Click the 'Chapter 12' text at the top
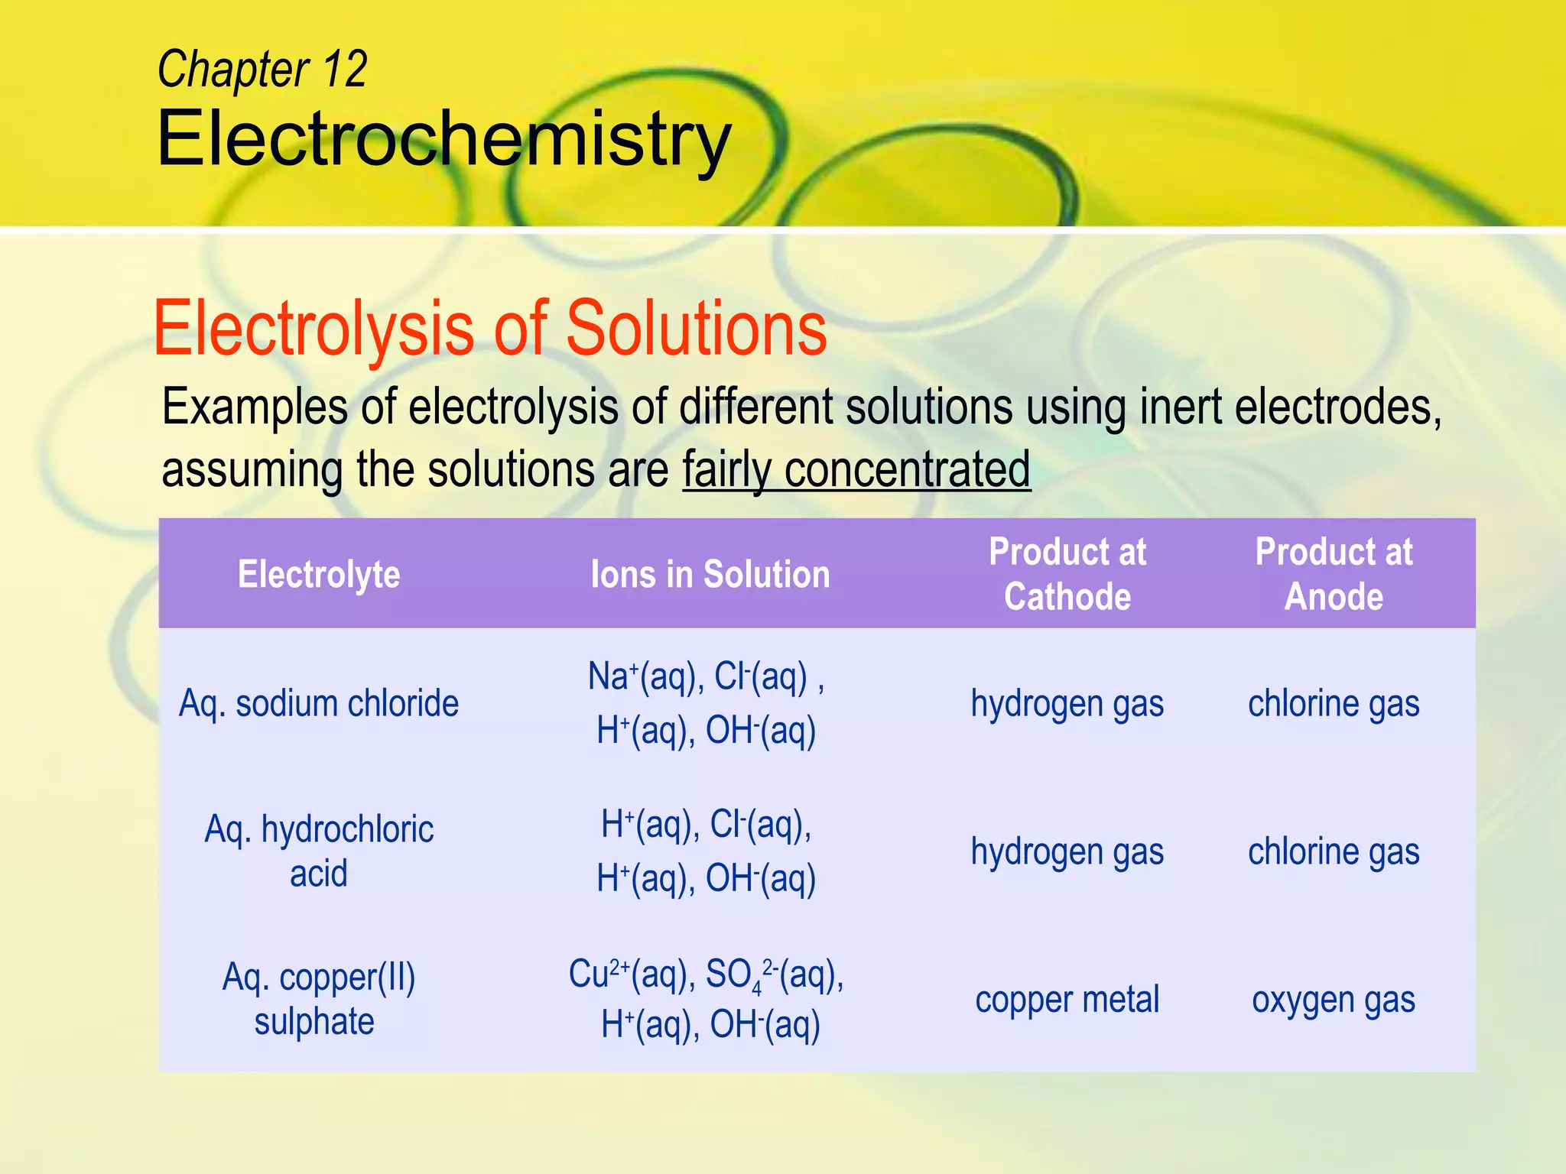pos(262,70)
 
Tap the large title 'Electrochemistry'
pos(444,139)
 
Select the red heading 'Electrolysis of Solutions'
pos(490,329)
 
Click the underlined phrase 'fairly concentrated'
pos(856,469)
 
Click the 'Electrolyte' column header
pos(319,574)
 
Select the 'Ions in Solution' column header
pos(710,574)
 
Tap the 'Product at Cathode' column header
pos(1067,574)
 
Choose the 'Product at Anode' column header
pos(1334,574)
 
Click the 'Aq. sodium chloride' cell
pos(319,703)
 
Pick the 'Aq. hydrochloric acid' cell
pos(319,851)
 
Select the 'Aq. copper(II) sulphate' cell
pos(318,999)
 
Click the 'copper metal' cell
pos(1067,1000)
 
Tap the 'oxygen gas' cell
pos(1334,1000)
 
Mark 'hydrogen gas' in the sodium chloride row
pos(1067,703)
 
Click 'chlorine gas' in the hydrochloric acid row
pos(1334,851)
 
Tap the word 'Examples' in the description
pos(255,407)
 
